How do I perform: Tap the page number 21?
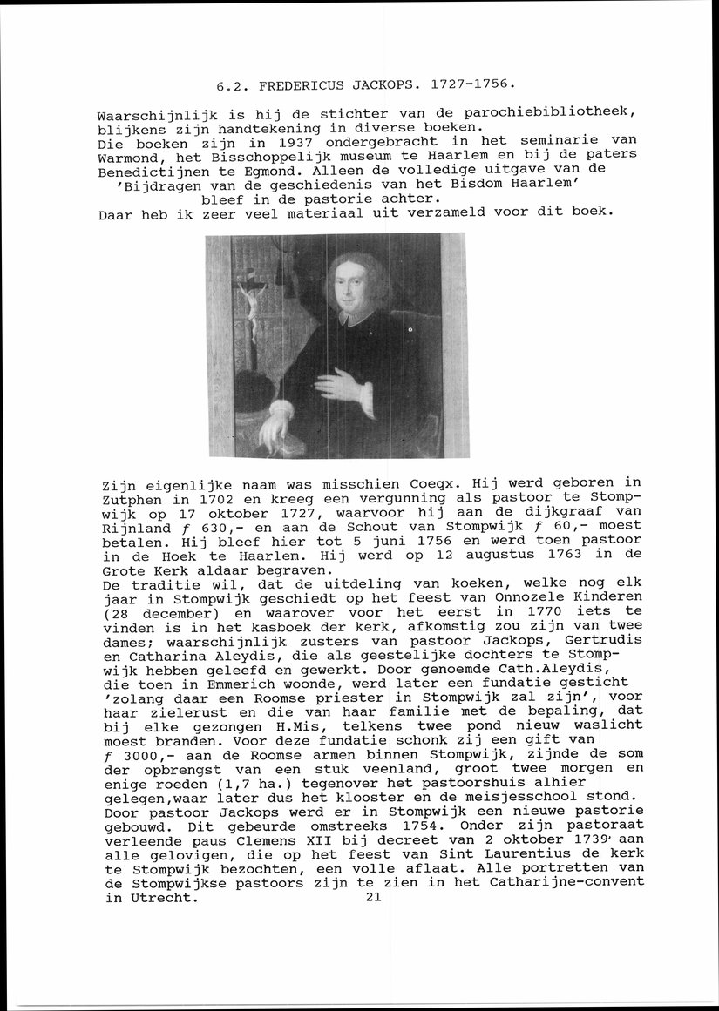(373, 896)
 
